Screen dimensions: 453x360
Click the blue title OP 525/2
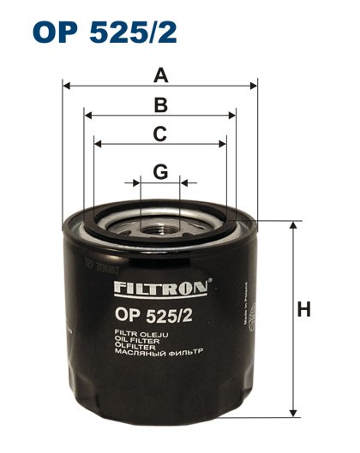coord(105,32)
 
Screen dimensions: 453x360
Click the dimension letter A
coord(160,76)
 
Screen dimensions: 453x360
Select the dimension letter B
coord(160,105)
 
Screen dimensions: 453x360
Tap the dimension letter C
coord(160,134)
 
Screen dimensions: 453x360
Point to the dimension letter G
coord(160,172)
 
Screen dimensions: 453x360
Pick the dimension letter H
coord(303,309)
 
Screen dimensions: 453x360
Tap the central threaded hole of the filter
coord(160,229)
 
